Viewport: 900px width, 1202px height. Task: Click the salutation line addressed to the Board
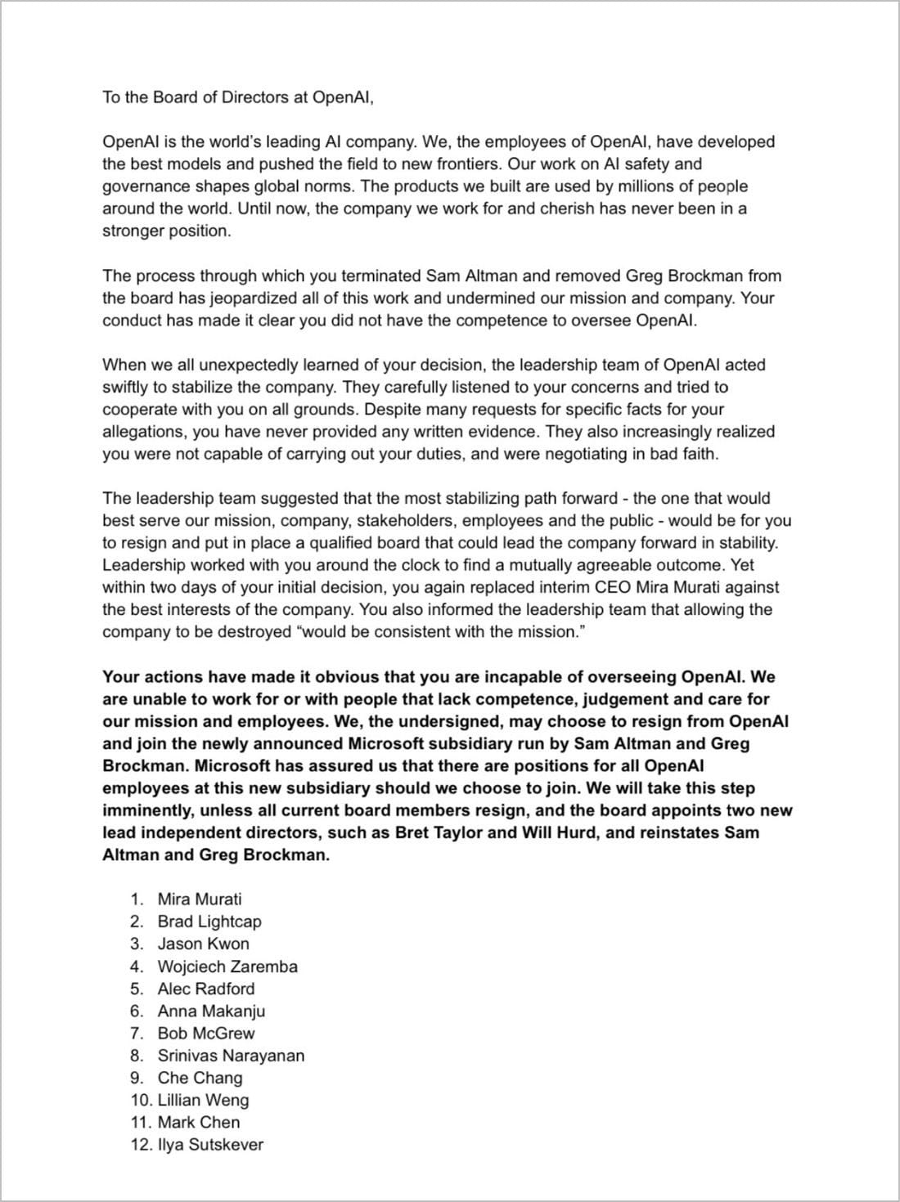(237, 97)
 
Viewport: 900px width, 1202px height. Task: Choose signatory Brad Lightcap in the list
(209, 922)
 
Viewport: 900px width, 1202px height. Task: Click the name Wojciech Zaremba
(227, 967)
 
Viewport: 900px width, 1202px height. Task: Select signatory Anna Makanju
(211, 1011)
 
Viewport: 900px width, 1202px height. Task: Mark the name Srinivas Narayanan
(231, 1056)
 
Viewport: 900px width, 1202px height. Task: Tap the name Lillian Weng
(204, 1101)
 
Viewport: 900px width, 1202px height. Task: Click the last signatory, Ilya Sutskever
(210, 1145)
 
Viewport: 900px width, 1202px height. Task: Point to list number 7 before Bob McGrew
(137, 1034)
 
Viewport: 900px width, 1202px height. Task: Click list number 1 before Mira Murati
(137, 899)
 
